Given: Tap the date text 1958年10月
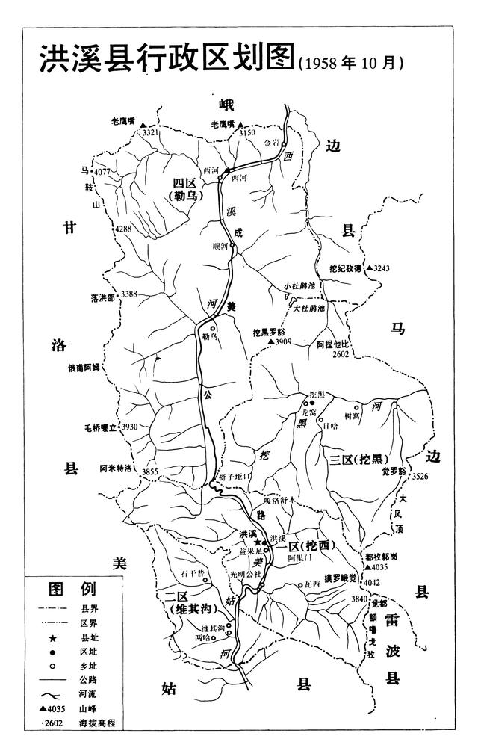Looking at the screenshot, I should pyautogui.click(x=351, y=64).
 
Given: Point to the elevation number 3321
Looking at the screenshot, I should pyautogui.click(x=152, y=132).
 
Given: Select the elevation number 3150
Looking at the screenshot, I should pyautogui.click(x=247, y=132).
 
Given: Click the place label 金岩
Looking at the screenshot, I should pyautogui.click(x=271, y=141).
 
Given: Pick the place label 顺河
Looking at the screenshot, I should pyautogui.click(x=221, y=244).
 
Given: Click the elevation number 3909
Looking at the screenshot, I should pyautogui.click(x=282, y=341).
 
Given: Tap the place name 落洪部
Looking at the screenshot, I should pyautogui.click(x=103, y=297).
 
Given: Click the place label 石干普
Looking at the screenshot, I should pyautogui.click(x=192, y=573).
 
